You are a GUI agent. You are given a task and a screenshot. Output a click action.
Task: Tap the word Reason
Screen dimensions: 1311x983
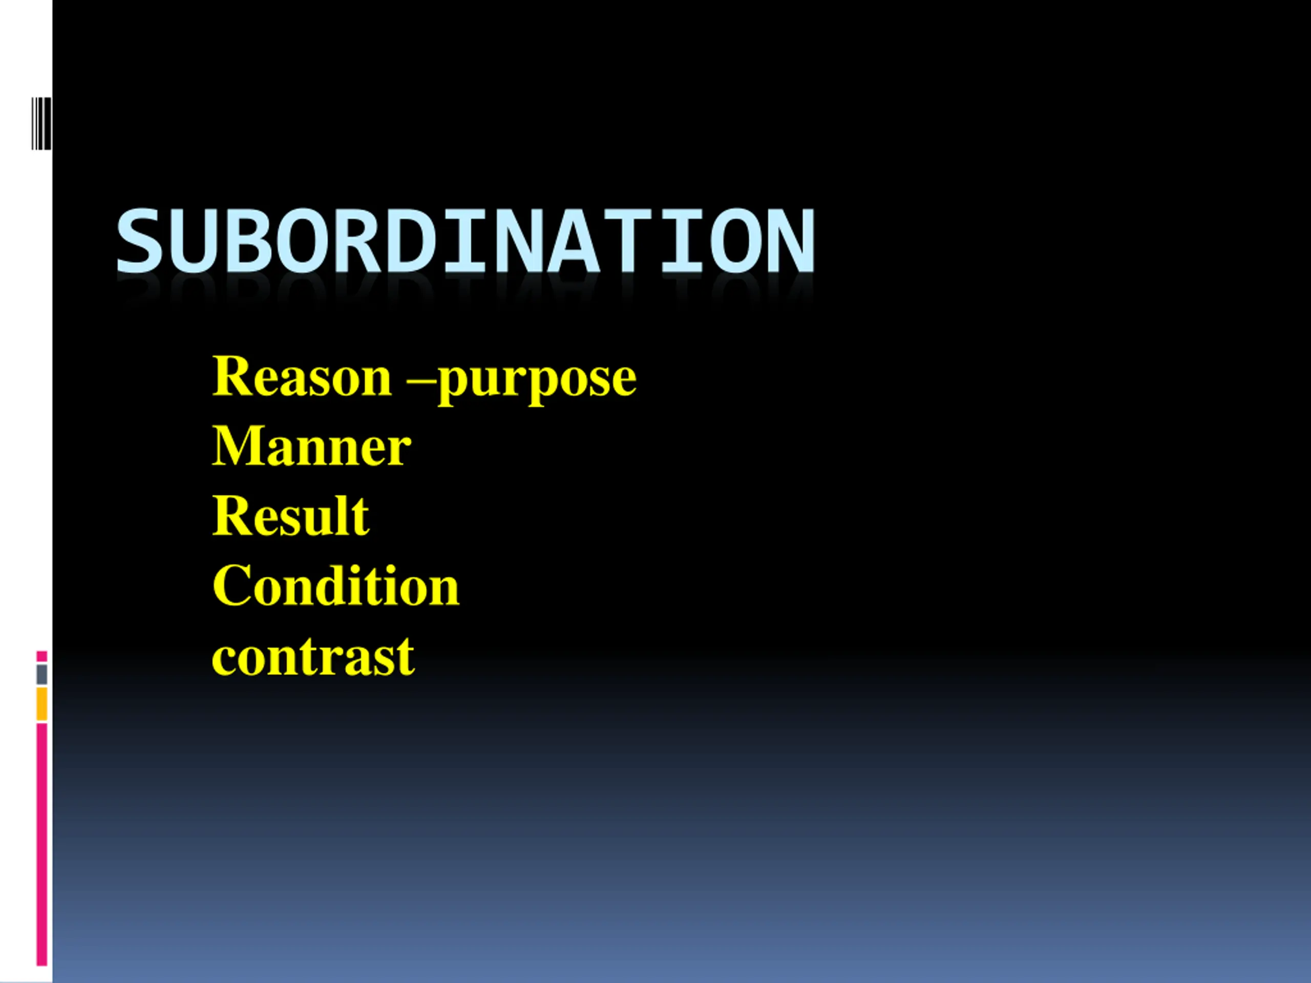coord(302,376)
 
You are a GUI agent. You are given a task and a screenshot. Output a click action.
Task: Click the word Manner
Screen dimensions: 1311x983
coord(312,446)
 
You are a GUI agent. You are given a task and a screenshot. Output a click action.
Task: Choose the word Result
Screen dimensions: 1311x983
coord(291,516)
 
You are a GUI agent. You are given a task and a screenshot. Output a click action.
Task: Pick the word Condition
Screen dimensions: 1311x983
coord(336,585)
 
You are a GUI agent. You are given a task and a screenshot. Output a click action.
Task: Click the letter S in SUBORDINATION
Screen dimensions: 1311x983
coord(139,241)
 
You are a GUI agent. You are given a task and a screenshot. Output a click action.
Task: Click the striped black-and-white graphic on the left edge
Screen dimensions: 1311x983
coord(41,123)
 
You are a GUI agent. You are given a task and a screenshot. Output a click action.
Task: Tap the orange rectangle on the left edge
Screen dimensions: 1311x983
coord(41,704)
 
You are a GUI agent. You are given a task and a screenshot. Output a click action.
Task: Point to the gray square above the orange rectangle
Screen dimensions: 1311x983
coord(41,674)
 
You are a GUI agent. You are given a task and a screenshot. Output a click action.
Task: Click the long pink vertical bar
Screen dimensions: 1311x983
coord(41,844)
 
